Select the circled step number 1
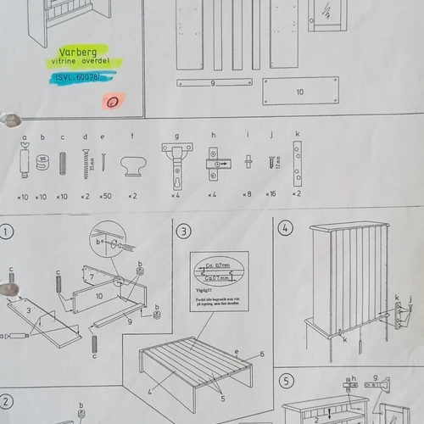point(7,231)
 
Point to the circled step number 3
point(183,231)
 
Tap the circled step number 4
point(286,227)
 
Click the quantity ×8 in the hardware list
point(246,195)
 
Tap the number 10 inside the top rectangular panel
point(299,92)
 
